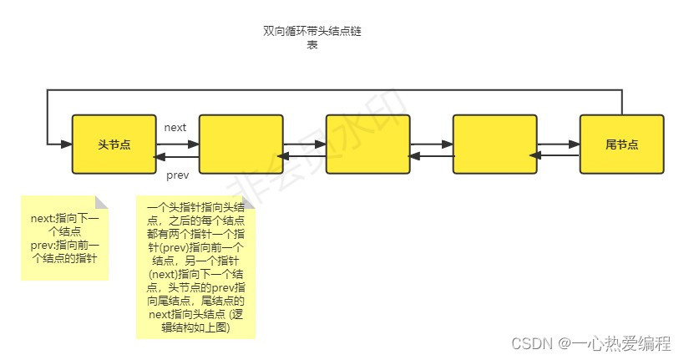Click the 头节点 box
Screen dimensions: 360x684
[x=114, y=145]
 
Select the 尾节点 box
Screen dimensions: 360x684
[x=621, y=145]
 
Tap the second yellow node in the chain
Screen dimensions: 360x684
[x=241, y=145]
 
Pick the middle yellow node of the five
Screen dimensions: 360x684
[x=367, y=145]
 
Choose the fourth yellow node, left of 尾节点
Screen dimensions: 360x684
[x=494, y=145]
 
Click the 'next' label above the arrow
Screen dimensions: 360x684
[x=175, y=127]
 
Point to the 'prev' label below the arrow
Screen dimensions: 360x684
[x=177, y=175]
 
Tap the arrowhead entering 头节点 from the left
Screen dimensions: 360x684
[x=67, y=145]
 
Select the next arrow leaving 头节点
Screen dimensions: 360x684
[x=177, y=140]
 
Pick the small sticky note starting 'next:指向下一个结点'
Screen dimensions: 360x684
[x=65, y=239]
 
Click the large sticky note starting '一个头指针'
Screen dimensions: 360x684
[x=195, y=267]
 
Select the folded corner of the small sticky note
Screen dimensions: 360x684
[x=102, y=202]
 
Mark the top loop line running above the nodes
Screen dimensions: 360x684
[x=334, y=89]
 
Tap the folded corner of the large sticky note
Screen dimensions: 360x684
[x=249, y=202]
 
